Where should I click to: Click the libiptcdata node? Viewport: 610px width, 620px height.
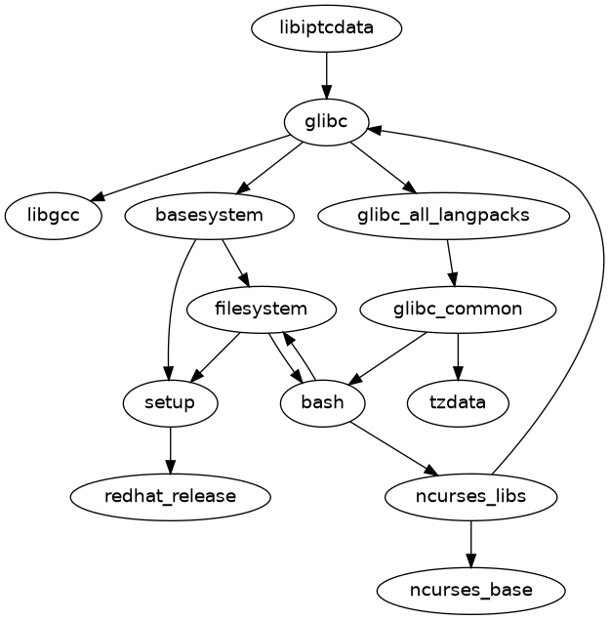[x=326, y=28]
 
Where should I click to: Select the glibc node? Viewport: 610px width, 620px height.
[x=326, y=122]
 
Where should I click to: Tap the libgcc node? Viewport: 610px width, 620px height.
[x=54, y=216]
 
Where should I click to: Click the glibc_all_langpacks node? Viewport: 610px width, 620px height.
[x=444, y=216]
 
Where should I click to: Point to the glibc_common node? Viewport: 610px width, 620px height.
[x=458, y=310]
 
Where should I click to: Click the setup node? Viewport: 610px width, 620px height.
[x=170, y=402]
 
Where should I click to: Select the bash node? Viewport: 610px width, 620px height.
[x=322, y=402]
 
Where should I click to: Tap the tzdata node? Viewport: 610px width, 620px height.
[x=458, y=402]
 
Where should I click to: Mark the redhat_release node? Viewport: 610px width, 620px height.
[x=170, y=496]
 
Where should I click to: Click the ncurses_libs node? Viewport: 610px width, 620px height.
[x=471, y=496]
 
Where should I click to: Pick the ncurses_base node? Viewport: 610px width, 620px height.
[x=471, y=590]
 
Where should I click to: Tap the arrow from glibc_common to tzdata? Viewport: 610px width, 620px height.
[x=458, y=356]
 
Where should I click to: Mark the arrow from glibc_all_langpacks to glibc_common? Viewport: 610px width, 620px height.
[x=451, y=263]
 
